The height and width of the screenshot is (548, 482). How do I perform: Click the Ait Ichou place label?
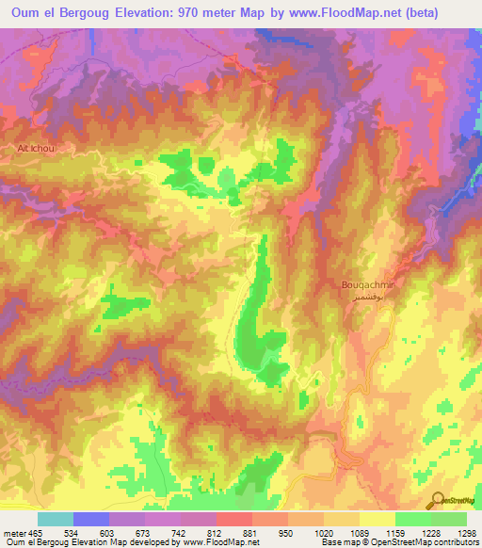(x=25, y=148)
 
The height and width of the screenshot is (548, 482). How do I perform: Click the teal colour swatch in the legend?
(x=56, y=520)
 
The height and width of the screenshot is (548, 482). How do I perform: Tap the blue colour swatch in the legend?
(x=91, y=520)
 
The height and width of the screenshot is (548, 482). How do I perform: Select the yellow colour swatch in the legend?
(x=377, y=520)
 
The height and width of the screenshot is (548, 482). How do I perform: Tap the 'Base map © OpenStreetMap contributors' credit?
(x=398, y=541)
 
